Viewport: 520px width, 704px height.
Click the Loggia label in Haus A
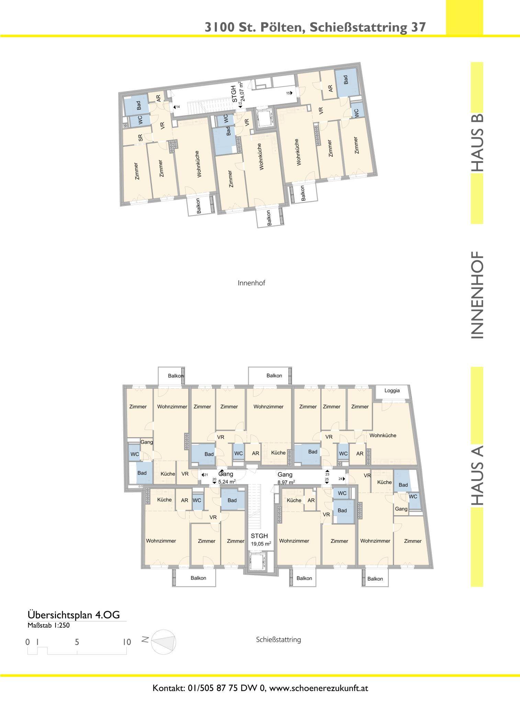(392, 390)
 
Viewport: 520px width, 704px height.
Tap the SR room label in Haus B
(140, 138)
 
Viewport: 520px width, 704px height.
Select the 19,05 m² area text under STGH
(261, 543)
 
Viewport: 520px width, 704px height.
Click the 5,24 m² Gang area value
(227, 482)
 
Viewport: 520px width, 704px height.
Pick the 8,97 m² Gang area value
(286, 482)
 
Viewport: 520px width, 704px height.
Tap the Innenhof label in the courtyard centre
(251, 283)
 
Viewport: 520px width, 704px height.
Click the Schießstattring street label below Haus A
(278, 640)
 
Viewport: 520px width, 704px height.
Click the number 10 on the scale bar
(127, 642)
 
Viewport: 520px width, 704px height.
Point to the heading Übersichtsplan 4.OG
(74, 615)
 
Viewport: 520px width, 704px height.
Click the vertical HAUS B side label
(477, 142)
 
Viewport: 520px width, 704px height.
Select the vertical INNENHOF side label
(477, 295)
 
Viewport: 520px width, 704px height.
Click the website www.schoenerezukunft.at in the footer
(319, 685)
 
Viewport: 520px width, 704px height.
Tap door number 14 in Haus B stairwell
(178, 107)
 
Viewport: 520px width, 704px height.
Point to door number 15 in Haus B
(288, 93)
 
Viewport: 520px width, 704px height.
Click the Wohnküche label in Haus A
(383, 435)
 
